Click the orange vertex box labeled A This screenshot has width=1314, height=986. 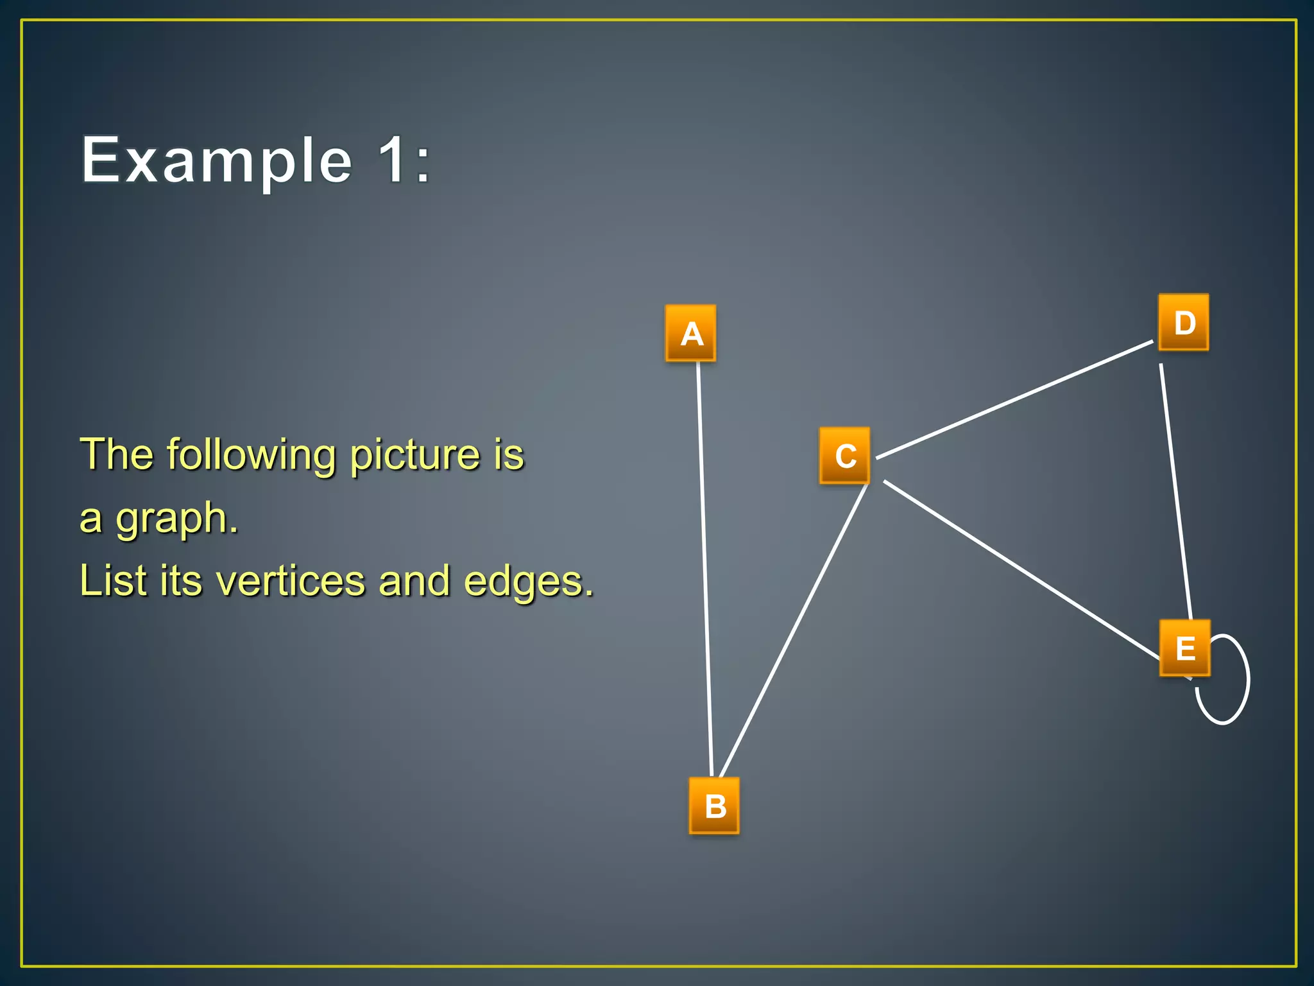tap(690, 333)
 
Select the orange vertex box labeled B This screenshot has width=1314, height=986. tap(714, 806)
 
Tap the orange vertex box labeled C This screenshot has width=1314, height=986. tap(844, 456)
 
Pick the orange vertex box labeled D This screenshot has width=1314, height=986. tap(1184, 322)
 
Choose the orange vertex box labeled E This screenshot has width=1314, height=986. tap(1184, 648)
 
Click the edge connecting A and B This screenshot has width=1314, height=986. tap(705, 565)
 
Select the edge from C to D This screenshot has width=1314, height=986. tap(1014, 400)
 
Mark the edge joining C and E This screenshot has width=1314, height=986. tap(1020, 569)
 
